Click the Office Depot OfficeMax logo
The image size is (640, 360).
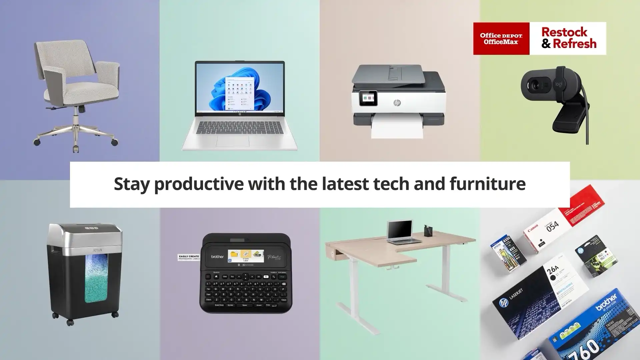point(501,38)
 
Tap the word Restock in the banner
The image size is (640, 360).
point(564,32)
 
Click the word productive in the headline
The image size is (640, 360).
point(199,184)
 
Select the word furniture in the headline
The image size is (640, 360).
point(487,184)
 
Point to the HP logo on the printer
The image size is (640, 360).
point(397,103)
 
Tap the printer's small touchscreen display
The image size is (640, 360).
point(368,98)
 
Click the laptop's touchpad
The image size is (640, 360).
point(232,141)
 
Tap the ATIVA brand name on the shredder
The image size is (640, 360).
point(97,250)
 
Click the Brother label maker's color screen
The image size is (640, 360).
point(246,256)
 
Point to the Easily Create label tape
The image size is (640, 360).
point(189,257)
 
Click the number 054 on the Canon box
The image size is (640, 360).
point(552,226)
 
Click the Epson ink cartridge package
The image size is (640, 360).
point(507,252)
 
